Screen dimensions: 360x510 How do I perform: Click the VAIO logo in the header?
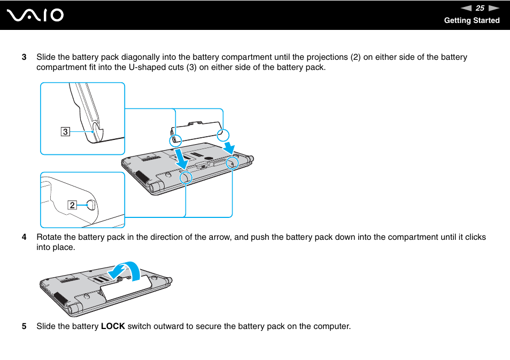point(35,15)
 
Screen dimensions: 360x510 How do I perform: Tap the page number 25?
point(480,8)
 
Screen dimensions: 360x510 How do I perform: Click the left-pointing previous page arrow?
point(466,8)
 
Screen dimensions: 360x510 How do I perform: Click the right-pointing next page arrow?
point(493,8)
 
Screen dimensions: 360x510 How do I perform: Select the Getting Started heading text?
point(472,20)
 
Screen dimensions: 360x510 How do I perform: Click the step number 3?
point(24,57)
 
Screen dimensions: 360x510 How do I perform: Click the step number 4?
point(24,237)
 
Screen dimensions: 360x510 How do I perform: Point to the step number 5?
point(24,326)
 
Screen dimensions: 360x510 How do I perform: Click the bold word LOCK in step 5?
point(113,326)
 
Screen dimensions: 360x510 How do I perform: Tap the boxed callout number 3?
point(65,131)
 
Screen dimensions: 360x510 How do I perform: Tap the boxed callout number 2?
point(72,205)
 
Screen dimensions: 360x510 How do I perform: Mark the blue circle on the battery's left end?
point(175,140)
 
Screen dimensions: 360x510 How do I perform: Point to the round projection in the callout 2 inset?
point(91,205)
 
